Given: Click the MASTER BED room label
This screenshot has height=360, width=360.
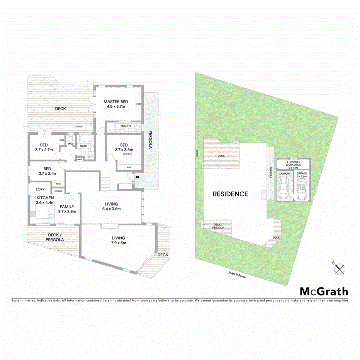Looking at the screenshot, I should (x=115, y=102).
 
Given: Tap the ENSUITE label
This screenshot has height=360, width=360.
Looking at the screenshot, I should (x=126, y=126).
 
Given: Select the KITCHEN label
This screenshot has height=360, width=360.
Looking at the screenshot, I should (x=45, y=197).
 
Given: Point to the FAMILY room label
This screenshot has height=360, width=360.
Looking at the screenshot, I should (x=66, y=206).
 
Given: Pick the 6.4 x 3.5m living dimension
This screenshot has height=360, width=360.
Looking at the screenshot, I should (x=111, y=209).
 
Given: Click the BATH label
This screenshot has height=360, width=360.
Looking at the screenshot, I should (x=84, y=146).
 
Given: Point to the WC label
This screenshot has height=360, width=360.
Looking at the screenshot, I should (x=70, y=144).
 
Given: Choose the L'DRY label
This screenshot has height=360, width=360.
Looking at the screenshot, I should (x=40, y=189).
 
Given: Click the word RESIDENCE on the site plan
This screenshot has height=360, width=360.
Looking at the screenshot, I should (x=230, y=194).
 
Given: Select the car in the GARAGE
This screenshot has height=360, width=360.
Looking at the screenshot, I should (x=302, y=188).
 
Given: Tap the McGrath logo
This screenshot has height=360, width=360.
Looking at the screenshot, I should (x=324, y=292).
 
